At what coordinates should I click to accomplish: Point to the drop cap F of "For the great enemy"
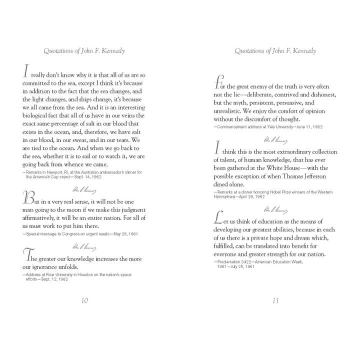[218, 82]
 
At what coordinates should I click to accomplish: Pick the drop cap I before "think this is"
[217, 148]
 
